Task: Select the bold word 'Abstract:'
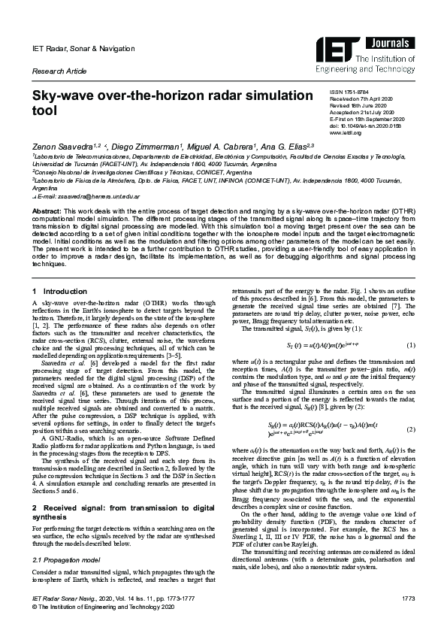(x=45, y=213)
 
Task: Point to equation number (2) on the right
(x=410, y=429)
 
